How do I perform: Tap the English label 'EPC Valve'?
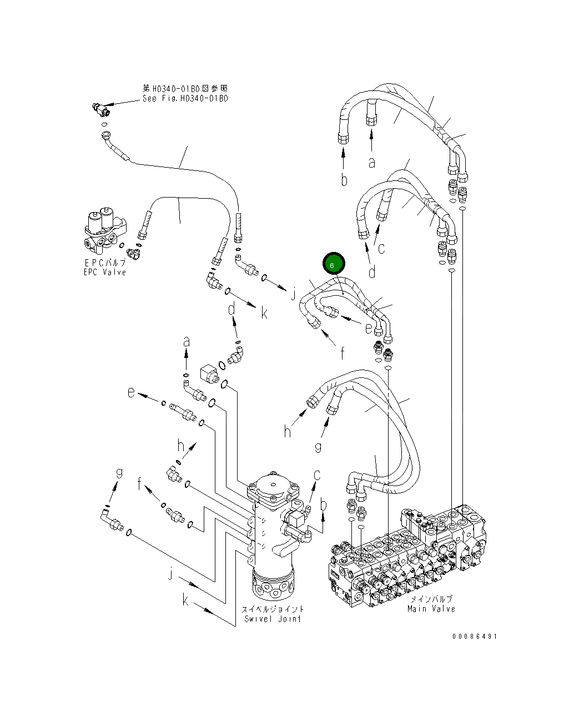(105, 272)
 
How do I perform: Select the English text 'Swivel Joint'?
(273, 619)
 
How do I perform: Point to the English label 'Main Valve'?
(431, 609)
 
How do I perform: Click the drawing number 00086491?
(474, 637)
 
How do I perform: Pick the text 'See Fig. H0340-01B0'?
(185, 98)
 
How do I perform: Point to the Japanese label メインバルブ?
(431, 599)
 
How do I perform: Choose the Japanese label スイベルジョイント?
(273, 609)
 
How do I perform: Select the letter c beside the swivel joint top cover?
(317, 475)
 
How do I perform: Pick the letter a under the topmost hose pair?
(372, 162)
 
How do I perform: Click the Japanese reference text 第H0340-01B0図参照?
(185, 89)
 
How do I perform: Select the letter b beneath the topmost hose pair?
(344, 180)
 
